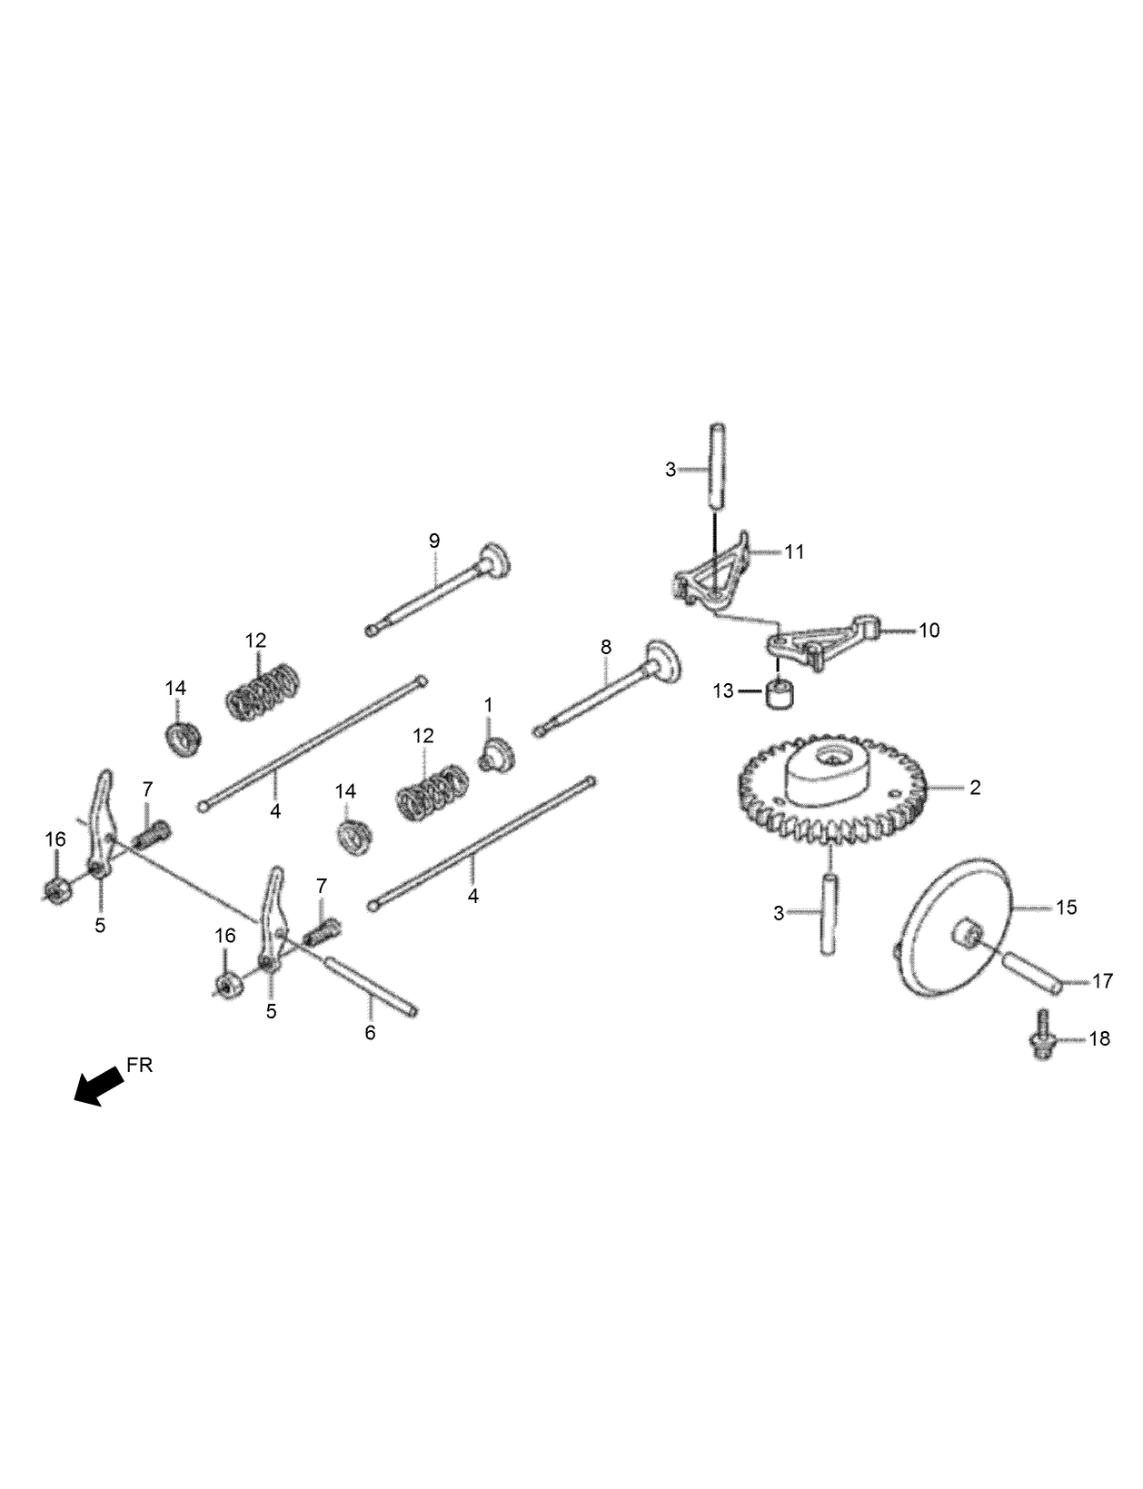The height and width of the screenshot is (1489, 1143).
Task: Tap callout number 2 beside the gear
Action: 975,788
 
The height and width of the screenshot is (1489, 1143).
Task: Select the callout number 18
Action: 1099,1038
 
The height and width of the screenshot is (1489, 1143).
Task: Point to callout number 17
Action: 1102,981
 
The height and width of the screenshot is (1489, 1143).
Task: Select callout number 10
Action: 929,630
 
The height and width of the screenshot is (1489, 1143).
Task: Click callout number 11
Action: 794,551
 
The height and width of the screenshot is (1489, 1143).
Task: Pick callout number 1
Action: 488,705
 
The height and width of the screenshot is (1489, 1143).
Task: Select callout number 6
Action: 370,1033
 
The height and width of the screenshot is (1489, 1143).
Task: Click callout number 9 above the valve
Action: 434,541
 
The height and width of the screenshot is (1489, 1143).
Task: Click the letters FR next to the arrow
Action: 140,1066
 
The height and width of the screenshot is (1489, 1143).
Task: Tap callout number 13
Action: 722,691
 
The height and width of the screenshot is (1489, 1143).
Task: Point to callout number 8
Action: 606,648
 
